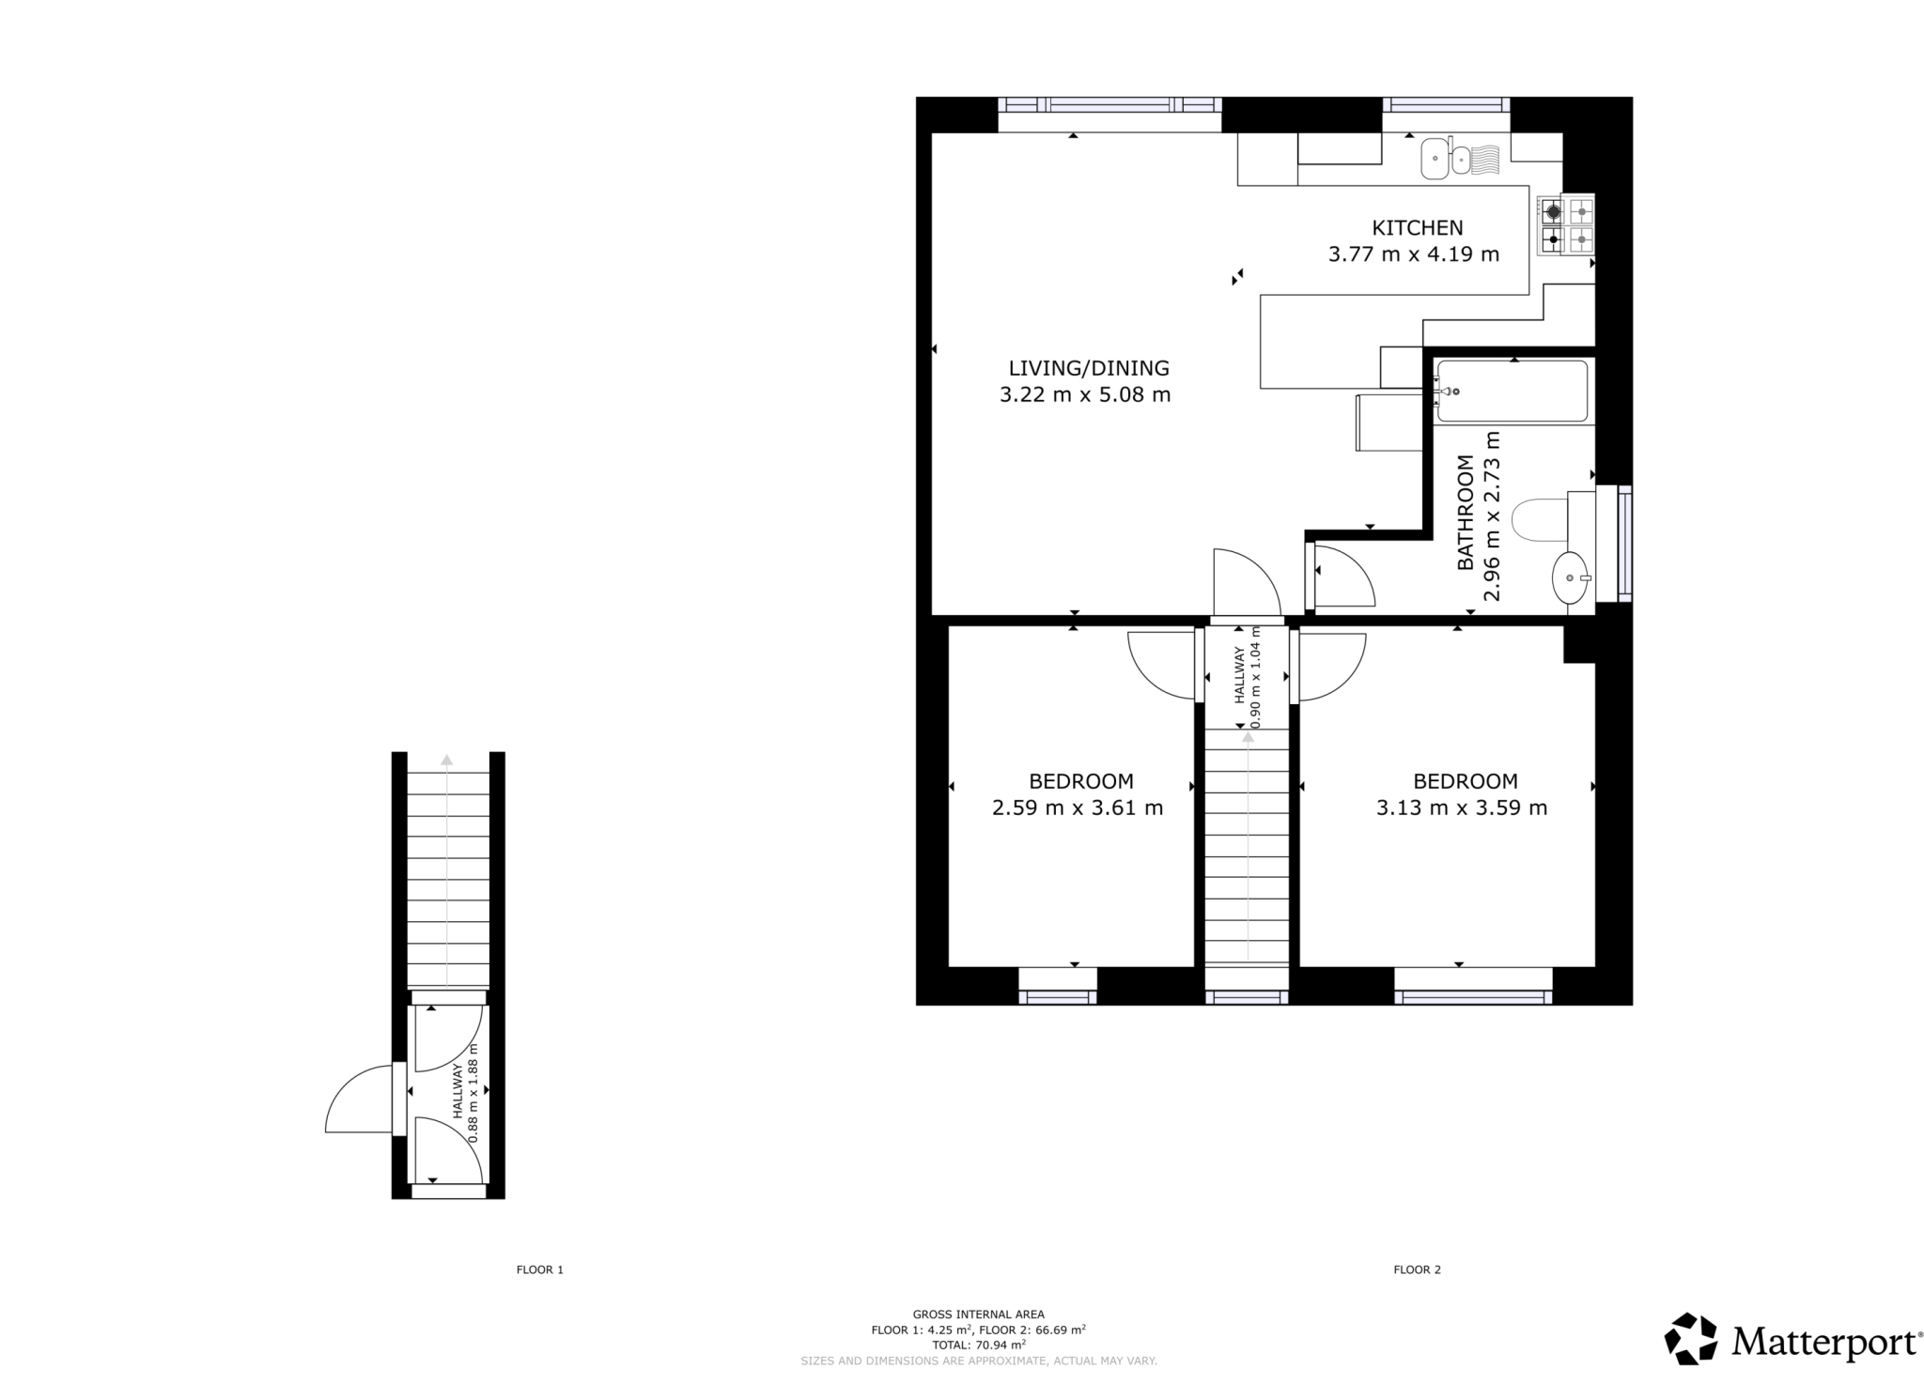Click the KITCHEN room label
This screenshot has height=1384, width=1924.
click(x=1417, y=227)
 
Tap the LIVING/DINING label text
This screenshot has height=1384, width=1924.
click(x=1089, y=368)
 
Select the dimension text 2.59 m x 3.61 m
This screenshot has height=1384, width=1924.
click(x=1078, y=807)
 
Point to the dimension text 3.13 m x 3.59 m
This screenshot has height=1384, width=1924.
click(x=1462, y=807)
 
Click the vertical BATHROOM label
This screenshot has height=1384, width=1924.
click(x=1465, y=513)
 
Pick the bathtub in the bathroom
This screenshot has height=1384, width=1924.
click(x=1512, y=391)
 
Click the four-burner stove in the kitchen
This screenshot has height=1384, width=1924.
click(x=1566, y=225)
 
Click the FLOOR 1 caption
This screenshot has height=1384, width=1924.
click(x=540, y=1269)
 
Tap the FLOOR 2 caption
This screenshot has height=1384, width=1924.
click(x=1417, y=1269)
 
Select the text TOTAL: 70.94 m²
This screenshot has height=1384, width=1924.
click(x=978, y=1345)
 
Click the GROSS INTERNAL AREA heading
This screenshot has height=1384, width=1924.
click(x=978, y=1315)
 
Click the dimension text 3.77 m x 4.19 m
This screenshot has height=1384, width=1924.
click(x=1414, y=254)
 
